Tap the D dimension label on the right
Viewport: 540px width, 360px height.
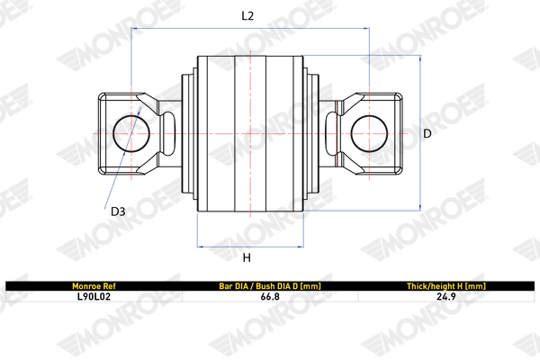point(427,133)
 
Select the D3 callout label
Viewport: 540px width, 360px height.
point(118,212)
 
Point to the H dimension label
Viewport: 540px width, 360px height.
point(246,259)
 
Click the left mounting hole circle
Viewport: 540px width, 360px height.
point(132,133)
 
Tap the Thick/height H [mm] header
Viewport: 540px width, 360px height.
point(447,285)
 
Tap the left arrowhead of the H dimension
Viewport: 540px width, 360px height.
point(200,246)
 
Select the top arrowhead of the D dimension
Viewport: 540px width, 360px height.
point(419,59)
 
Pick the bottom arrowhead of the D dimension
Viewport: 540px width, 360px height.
point(419,206)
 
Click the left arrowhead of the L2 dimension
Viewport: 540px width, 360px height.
point(136,29)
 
